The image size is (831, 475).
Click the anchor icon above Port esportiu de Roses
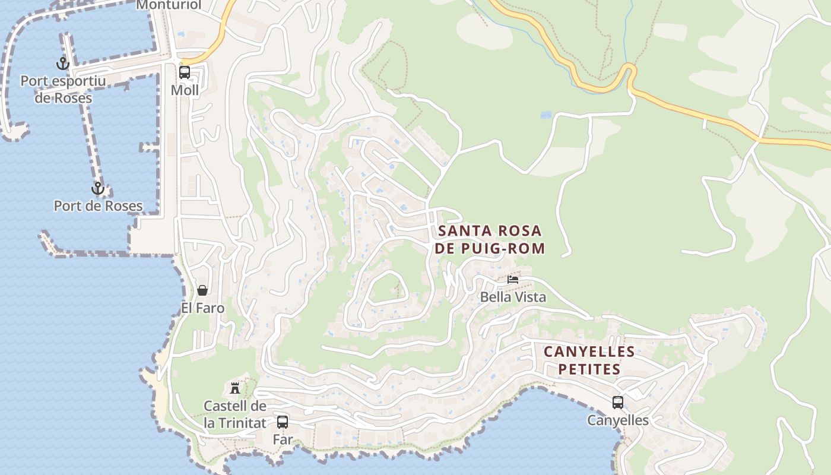pyautogui.click(x=62, y=63)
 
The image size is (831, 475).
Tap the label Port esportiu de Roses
pyautogui.click(x=63, y=89)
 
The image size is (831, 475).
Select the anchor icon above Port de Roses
pyautogui.click(x=97, y=189)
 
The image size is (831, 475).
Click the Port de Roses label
pyautogui.click(x=98, y=206)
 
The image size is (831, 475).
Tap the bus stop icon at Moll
pyautogui.click(x=185, y=72)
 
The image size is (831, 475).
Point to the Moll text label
pyautogui.click(x=185, y=90)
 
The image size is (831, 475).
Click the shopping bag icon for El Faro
pyautogui.click(x=202, y=290)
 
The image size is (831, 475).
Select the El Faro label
pyautogui.click(x=202, y=308)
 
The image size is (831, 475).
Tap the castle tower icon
pyautogui.click(x=235, y=388)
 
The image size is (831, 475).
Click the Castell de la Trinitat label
pyautogui.click(x=235, y=414)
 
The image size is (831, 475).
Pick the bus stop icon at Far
pyautogui.click(x=283, y=422)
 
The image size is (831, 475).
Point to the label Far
pyautogui.click(x=283, y=439)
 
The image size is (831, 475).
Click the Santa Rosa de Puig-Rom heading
pyautogui.click(x=490, y=239)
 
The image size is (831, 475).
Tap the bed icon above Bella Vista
pyautogui.click(x=513, y=279)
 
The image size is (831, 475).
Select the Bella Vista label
pyautogui.click(x=513, y=297)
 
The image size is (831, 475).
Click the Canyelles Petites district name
pyautogui.click(x=589, y=360)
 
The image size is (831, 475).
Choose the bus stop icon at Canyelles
pyautogui.click(x=618, y=403)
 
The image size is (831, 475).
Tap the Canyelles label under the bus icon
pyautogui.click(x=618, y=420)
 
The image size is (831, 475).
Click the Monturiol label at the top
pyautogui.click(x=169, y=5)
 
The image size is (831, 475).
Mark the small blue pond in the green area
pyautogui.click(x=545, y=115)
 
